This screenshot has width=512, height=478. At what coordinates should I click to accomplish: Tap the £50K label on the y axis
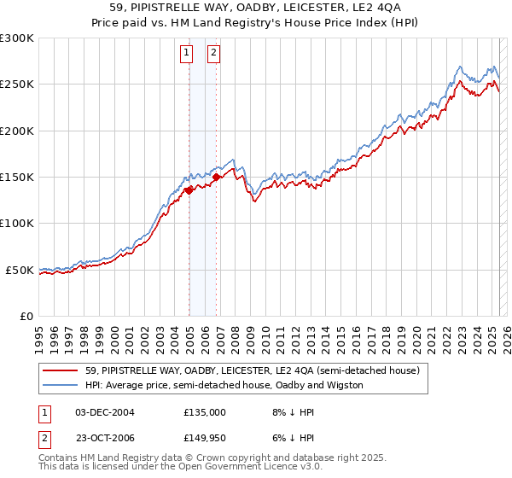point(20,270)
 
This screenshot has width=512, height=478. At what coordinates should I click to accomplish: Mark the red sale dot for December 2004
point(189,191)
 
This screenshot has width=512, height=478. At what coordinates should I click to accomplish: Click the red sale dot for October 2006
point(217,178)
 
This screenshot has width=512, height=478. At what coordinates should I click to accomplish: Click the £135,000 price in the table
point(205,411)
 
